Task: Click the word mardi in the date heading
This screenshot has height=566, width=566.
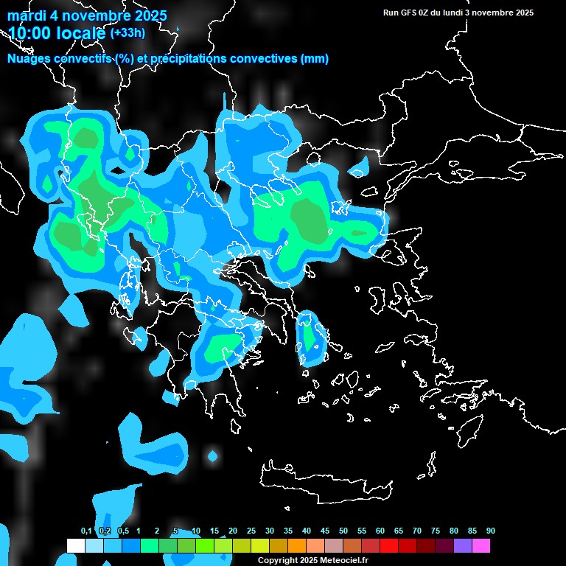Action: (28, 15)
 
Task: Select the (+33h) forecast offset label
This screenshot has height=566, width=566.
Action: (127, 33)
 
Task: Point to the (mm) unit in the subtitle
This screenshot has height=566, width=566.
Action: (315, 59)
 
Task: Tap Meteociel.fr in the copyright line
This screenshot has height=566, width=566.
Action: (346, 561)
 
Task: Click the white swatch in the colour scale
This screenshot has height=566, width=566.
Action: (76, 545)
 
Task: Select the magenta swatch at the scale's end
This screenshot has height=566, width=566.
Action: (481, 545)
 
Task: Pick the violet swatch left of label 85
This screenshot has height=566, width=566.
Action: (463, 545)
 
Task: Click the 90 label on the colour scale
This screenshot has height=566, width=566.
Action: (490, 531)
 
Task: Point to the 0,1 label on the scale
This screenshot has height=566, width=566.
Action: (85, 531)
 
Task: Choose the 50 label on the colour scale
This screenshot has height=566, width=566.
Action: (343, 531)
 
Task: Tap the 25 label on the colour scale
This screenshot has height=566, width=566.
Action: (251, 531)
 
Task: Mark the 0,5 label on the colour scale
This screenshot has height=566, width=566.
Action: (122, 531)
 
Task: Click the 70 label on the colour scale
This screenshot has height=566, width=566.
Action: (417, 531)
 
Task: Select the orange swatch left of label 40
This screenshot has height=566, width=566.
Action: (297, 545)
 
